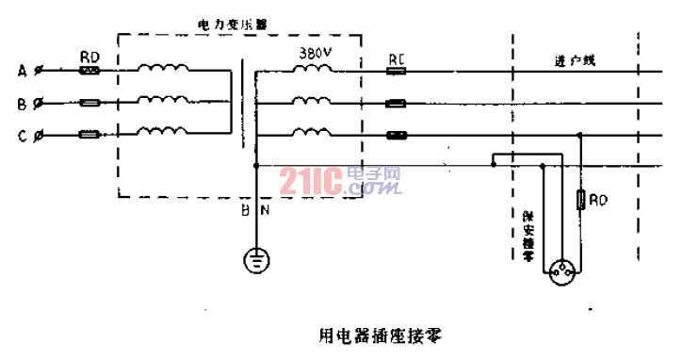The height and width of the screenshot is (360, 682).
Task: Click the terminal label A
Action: click(x=22, y=71)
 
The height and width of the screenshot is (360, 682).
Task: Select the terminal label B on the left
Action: click(x=22, y=103)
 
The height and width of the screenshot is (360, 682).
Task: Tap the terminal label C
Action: click(x=22, y=136)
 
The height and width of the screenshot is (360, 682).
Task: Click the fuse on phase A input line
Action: click(x=90, y=71)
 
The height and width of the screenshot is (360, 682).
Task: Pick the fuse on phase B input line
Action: click(x=90, y=103)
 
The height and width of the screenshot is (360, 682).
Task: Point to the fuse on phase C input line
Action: click(x=90, y=136)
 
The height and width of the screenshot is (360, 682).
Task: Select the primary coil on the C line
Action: click(x=163, y=133)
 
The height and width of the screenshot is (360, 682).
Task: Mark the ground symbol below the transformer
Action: click(x=255, y=259)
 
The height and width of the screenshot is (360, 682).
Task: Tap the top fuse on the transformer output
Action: click(x=397, y=71)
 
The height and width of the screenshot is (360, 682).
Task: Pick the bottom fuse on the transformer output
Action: click(x=397, y=135)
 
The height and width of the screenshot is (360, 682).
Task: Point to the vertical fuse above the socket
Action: click(x=579, y=200)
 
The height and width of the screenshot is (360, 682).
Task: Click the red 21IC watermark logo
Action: click(x=311, y=180)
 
